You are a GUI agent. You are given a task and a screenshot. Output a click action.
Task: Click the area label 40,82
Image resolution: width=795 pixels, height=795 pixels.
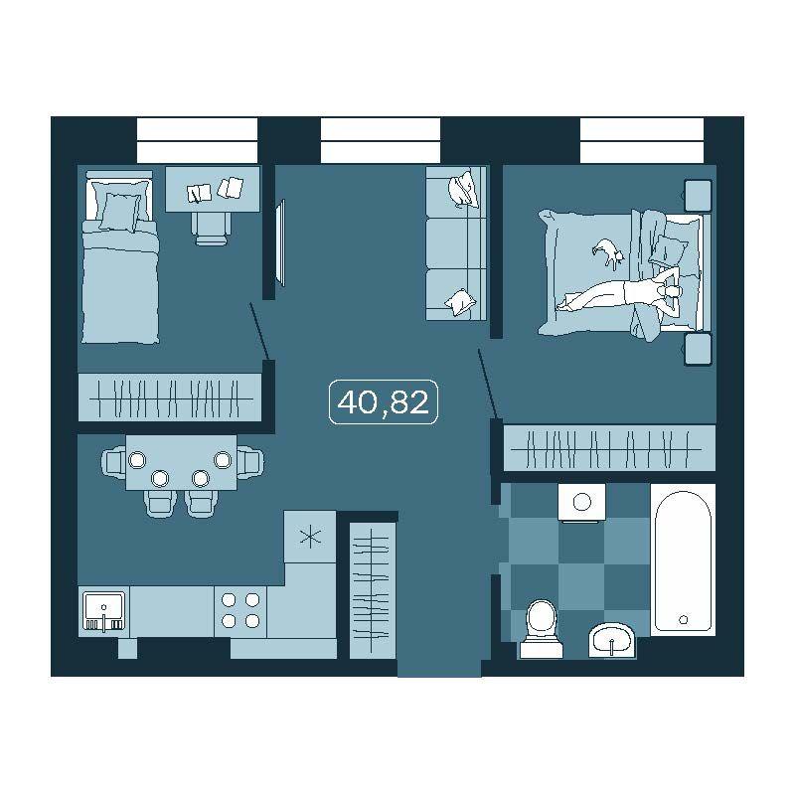(384, 402)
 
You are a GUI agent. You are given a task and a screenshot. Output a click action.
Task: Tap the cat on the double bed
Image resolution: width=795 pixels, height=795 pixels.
(607, 251)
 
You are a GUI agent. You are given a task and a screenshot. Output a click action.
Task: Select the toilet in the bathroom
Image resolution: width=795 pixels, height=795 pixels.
(541, 629)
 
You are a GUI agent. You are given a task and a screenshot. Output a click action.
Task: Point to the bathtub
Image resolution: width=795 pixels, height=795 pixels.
(683, 559)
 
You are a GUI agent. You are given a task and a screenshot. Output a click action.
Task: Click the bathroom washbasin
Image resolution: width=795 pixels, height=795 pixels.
(612, 640)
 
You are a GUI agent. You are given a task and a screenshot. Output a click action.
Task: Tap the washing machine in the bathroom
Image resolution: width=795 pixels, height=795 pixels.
(581, 503)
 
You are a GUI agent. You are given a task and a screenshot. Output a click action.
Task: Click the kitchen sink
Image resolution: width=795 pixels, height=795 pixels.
(103, 611)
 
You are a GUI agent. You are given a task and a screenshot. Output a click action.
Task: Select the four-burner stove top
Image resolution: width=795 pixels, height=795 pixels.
(240, 611)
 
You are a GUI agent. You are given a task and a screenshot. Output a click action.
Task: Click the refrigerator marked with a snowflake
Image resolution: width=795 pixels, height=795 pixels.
(310, 537)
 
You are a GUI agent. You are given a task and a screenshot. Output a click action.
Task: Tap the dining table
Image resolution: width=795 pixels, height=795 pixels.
(181, 462)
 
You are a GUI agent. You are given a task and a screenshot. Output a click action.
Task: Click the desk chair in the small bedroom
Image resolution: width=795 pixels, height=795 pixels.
(211, 229)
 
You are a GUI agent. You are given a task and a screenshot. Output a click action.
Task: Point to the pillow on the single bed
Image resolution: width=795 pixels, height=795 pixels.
(119, 213)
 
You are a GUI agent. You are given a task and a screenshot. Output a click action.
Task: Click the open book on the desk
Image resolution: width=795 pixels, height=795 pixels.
(200, 193)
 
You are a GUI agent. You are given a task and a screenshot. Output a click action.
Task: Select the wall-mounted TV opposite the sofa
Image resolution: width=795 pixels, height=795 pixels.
(280, 242)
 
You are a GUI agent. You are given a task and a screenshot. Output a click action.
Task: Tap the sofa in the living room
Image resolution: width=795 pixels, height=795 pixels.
(456, 243)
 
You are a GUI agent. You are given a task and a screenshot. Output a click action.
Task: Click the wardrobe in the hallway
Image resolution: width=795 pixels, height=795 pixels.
(373, 590)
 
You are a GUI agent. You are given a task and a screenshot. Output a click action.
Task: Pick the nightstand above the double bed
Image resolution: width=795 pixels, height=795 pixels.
(699, 195)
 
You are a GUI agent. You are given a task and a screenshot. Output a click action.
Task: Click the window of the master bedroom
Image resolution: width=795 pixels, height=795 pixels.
(641, 140)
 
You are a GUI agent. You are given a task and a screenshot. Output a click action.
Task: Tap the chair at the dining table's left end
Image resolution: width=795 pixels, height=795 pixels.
(113, 461)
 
